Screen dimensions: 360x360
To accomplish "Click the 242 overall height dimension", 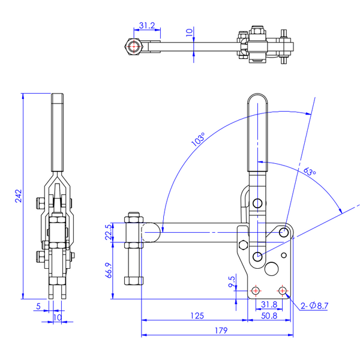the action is tap(19, 196).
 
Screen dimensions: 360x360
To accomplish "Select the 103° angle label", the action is tap(198, 139).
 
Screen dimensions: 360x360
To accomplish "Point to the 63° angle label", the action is tap(310, 171).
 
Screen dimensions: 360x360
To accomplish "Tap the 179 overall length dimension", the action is tap(221, 331).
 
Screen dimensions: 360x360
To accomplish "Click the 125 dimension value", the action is tap(197, 316).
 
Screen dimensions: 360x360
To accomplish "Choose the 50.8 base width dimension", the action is tap(269, 316).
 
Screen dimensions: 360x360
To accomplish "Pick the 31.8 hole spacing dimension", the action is tap(269, 305).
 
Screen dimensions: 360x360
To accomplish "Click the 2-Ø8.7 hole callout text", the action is tap(314, 305).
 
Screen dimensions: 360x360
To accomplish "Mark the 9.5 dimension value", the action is tap(232, 282).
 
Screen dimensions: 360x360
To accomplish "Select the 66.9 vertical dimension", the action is tap(109, 271).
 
